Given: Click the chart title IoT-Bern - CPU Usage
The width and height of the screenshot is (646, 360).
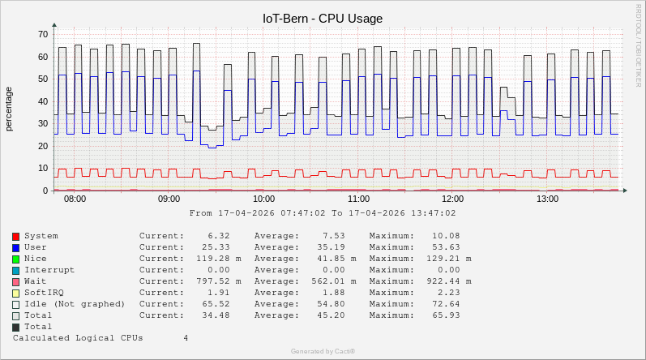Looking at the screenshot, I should coord(323,18).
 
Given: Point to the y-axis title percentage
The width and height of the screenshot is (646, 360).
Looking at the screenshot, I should coord(9,109).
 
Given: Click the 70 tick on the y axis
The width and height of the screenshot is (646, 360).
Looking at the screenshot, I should coord(43,34).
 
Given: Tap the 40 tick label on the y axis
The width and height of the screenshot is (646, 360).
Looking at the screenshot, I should coord(43,101).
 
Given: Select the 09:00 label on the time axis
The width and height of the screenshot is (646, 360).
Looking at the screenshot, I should coord(169,199).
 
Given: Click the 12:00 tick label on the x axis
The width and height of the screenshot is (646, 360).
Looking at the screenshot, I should coord(453,199).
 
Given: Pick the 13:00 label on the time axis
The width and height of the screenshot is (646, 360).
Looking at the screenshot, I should coord(548,199).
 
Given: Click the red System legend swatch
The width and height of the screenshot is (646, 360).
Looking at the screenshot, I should coord(16,236).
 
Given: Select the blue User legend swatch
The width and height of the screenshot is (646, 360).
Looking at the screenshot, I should coord(16,247).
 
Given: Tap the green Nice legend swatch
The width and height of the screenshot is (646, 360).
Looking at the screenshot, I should coord(16,259).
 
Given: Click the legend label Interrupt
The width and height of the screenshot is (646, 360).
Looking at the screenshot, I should coord(49,270).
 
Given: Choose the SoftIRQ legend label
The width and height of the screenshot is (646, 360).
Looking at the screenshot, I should coord(46,293).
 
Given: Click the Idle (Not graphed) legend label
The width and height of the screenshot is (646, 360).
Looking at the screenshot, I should coord(75,304).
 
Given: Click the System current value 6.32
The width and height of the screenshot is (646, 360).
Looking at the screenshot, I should coord(219,236).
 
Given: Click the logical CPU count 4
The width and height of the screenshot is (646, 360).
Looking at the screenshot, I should coord(186,338).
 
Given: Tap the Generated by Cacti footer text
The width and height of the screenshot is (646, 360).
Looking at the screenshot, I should coord(323,351).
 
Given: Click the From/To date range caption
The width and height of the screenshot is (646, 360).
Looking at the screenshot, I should coord(323,213).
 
